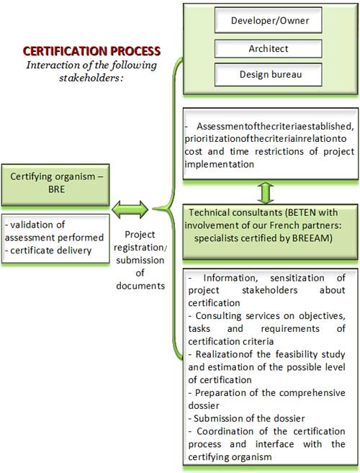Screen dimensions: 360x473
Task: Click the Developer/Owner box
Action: [269, 20]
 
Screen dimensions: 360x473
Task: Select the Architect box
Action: [269, 48]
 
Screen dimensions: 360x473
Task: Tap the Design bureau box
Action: [269, 74]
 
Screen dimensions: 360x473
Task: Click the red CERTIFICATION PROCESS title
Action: [91, 51]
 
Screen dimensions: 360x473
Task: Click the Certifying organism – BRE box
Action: [55, 184]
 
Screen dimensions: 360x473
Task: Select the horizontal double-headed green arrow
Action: [130, 210]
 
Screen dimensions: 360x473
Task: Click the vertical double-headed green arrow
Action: [266, 192]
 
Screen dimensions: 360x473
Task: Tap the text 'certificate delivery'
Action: [51, 251]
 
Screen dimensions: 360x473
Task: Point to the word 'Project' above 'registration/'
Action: [140, 235]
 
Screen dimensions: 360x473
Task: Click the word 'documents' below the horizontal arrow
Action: [140, 285]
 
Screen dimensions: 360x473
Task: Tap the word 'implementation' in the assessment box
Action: [220, 164]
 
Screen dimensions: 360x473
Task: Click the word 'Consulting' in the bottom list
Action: [218, 316]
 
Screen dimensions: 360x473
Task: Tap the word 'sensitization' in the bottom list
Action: [297, 278]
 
